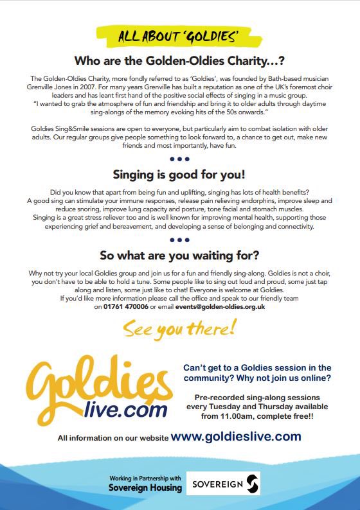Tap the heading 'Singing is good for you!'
pos(180,174)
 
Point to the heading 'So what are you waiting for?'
pos(180,255)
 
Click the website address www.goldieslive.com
pos(236,436)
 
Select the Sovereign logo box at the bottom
pos(223,483)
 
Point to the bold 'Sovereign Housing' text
pos(145,488)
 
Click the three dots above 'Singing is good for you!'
pos(180,159)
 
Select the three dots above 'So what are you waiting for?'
pos(180,240)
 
